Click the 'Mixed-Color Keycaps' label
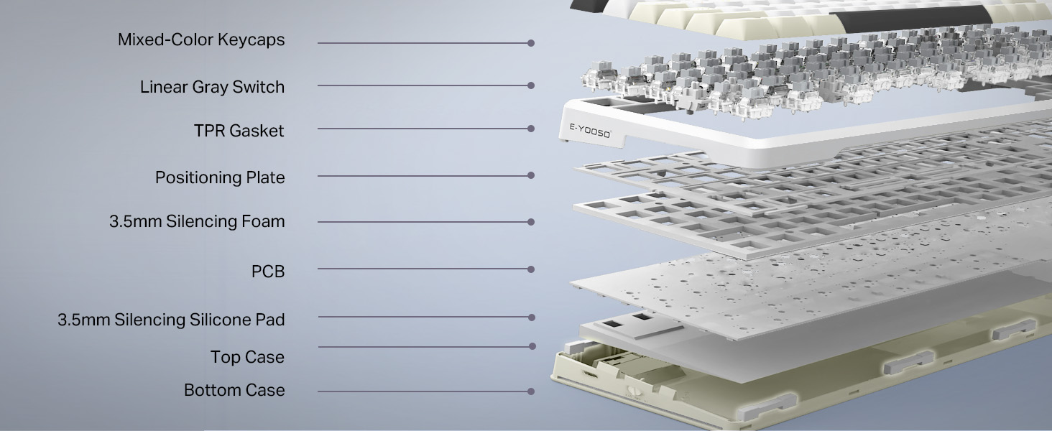(201, 40)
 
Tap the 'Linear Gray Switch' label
(212, 88)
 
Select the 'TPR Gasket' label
(239, 131)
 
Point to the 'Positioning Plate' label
(220, 178)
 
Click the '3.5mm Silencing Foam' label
(197, 221)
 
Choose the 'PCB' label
(268, 272)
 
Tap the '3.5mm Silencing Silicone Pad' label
(172, 320)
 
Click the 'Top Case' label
(247, 357)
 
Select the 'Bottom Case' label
(234, 390)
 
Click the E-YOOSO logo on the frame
(590, 131)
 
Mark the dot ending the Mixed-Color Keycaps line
(531, 43)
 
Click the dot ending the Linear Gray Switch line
(531, 85)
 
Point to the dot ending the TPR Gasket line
(531, 129)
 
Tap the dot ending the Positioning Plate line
(531, 175)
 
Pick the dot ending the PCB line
(531, 269)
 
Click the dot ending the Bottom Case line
(531, 391)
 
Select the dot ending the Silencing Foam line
(531, 222)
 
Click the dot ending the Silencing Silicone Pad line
(532, 318)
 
